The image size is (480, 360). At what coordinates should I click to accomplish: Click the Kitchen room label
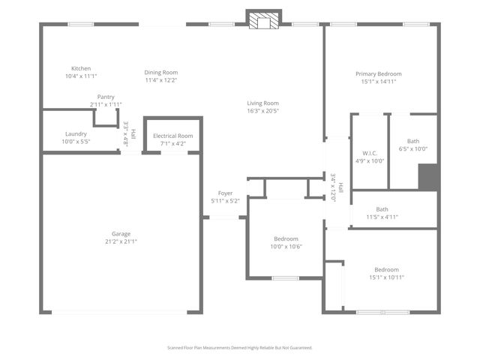coord(81,68)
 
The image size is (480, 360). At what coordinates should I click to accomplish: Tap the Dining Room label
coord(160,72)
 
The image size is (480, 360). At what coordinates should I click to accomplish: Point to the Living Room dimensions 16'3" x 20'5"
coord(262,111)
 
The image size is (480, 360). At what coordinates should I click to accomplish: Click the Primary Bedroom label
coord(378,73)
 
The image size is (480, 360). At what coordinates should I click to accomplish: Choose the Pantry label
coord(106,97)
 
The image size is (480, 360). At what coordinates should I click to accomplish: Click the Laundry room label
coord(76,133)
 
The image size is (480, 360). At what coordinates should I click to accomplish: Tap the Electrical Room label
coord(172,136)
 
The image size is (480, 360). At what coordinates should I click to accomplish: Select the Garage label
coord(121,233)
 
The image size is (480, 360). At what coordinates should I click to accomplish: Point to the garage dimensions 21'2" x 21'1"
coord(121,241)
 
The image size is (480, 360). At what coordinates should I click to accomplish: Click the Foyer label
coord(225,193)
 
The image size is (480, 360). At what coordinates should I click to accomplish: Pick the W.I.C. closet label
coord(369,153)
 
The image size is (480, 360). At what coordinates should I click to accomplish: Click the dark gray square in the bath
coord(427,177)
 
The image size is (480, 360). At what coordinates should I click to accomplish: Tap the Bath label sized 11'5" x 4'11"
coord(382,209)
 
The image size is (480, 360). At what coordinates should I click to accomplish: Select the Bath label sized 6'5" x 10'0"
coord(413,141)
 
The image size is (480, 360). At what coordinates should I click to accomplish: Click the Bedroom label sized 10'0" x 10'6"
coord(286,238)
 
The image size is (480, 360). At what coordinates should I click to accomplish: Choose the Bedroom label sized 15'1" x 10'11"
coord(386,269)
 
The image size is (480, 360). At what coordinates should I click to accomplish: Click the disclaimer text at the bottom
coord(239,348)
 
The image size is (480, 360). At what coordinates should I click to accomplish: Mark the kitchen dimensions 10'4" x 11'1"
coord(81,76)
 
